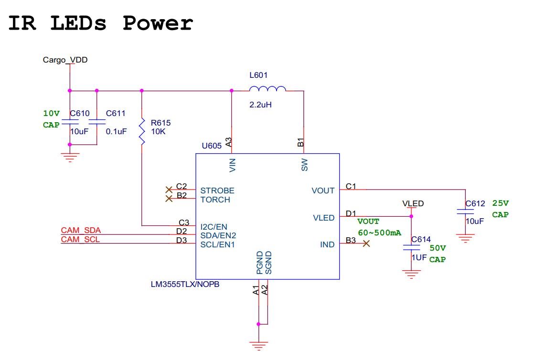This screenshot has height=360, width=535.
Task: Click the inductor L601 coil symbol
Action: coord(267,89)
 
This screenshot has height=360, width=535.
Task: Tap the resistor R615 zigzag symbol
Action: coord(142,132)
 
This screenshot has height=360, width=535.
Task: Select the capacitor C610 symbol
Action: coord(70,122)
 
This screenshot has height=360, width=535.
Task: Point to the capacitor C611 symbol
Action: coord(97,122)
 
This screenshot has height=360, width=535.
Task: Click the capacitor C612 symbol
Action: coord(465,212)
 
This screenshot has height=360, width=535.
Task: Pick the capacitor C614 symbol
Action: coord(411,247)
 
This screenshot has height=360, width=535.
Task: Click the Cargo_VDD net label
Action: coord(65,60)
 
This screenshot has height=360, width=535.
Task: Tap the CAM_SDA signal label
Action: coord(81,231)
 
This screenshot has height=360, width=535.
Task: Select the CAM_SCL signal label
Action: coord(80,240)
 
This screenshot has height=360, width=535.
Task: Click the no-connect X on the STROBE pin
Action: coord(169,190)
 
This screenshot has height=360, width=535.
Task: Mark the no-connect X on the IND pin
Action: coord(366,244)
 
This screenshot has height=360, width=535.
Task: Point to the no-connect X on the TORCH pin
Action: coord(169,199)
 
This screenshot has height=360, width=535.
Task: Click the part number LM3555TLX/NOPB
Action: coord(185,284)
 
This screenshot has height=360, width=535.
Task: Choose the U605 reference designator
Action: coord(212,146)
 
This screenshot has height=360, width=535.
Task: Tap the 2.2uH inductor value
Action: coord(260,105)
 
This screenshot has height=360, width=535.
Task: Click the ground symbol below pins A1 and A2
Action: coord(258,345)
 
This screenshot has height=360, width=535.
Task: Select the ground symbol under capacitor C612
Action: coord(465,238)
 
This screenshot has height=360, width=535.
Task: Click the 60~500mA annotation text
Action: coord(379,233)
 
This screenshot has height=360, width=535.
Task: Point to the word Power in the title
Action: coord(158,23)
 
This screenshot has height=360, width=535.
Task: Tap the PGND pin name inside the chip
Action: coord(260,263)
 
